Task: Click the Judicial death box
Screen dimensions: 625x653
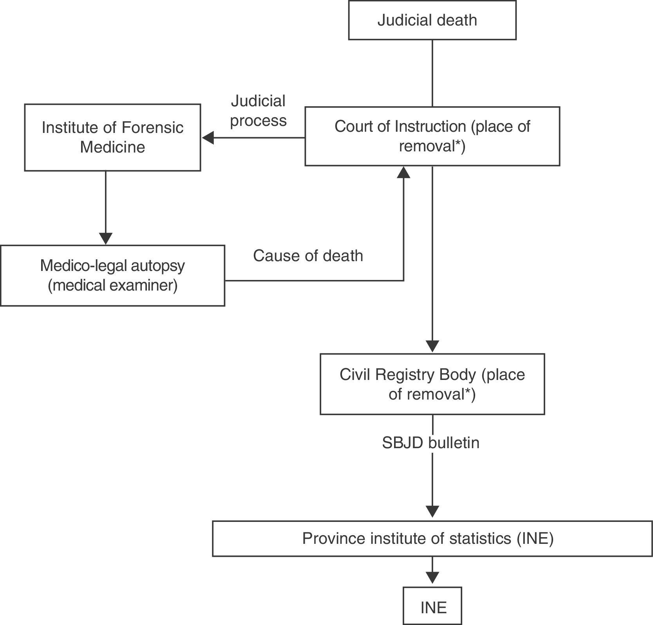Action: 432,20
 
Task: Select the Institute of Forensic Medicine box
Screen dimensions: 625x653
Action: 112,137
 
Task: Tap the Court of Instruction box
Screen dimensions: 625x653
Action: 432,136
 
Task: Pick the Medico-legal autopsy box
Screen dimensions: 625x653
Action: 112,276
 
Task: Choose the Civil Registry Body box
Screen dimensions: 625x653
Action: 432,384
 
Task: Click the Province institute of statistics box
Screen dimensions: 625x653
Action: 432,538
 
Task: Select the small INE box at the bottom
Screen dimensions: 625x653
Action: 432,607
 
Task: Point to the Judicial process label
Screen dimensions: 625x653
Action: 258,111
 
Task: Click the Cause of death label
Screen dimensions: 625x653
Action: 308,256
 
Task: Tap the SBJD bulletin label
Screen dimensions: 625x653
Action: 431,443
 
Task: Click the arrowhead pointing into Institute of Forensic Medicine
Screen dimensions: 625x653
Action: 208,138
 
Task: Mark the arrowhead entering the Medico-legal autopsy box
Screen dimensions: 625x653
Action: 106,238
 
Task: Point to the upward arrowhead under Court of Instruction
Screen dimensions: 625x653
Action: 403,173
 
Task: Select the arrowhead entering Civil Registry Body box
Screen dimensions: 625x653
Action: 432,347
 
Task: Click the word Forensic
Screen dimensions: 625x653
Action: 152,128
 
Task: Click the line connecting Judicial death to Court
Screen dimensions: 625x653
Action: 432,73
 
